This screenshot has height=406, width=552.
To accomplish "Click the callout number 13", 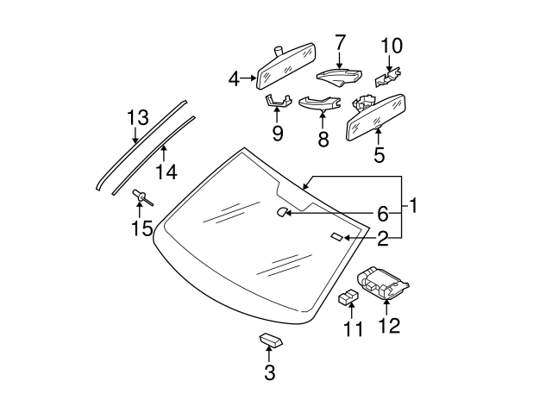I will pos(138,117).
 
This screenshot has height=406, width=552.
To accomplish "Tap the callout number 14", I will pos(166,172).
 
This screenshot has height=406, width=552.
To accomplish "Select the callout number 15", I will pos(141,228).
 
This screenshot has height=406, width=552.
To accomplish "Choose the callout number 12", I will pos(390,325).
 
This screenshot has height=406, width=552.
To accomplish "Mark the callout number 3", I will pos(270,372).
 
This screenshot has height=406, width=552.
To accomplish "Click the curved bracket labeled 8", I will pos(318,104).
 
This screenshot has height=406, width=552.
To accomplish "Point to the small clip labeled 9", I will pos(277,102).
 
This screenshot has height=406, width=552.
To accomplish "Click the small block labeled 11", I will pos(349,298).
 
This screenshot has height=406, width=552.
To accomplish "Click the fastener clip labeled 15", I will pos(141,200).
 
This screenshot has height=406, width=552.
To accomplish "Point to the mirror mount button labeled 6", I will pos(282,211).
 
